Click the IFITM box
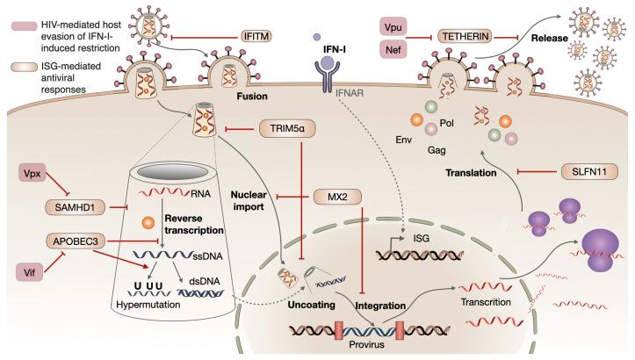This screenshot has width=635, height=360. pos(256,37)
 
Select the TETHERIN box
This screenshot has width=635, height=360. pos(466,37)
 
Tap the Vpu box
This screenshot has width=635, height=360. pos(393,27)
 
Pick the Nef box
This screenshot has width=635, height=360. pos(393,50)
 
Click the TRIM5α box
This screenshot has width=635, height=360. pos(287,129)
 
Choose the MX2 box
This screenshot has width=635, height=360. pos(337,198)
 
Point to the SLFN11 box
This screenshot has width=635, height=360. pos(589,172)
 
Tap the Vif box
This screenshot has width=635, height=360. pos(29,272)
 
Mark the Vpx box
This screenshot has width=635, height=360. pos(32,172)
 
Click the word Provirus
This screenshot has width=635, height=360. pos(366,345)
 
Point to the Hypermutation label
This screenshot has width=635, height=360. pos(148,305)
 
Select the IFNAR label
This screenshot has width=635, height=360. pos(349,93)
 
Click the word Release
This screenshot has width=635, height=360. pos(550,38)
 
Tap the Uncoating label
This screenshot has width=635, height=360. pos(311,305)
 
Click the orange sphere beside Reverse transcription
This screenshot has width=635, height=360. pos(148,222)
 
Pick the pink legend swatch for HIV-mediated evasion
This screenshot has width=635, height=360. pos(25,26)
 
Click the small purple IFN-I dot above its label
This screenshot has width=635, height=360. pos(317,37)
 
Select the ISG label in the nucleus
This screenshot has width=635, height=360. pos(422,239)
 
